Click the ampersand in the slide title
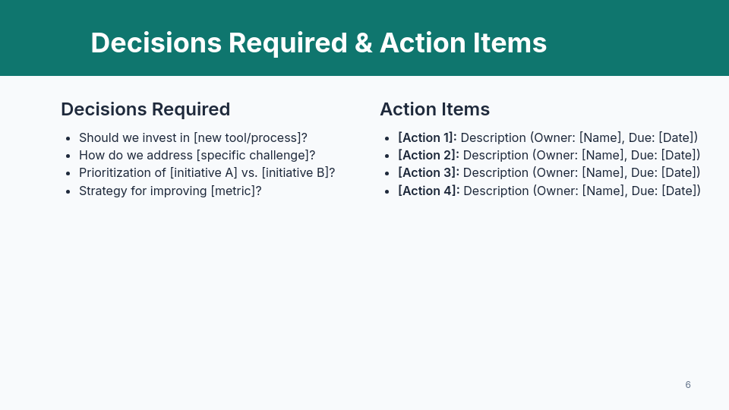pyautogui.click(x=363, y=43)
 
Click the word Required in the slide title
pyautogui.click(x=288, y=43)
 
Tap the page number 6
pyautogui.click(x=688, y=385)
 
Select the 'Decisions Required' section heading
pyautogui.click(x=145, y=109)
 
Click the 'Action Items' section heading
pyautogui.click(x=434, y=109)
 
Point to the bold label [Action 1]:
pyautogui.click(x=428, y=137)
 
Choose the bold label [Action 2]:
pyautogui.click(x=428, y=155)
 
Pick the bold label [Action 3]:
pyautogui.click(x=428, y=172)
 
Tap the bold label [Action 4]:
pyautogui.click(x=429, y=191)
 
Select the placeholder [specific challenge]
pyautogui.click(x=252, y=155)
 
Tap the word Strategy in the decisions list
pyautogui.click(x=103, y=191)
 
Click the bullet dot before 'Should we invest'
pyautogui.click(x=68, y=138)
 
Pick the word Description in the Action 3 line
pyautogui.click(x=495, y=172)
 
